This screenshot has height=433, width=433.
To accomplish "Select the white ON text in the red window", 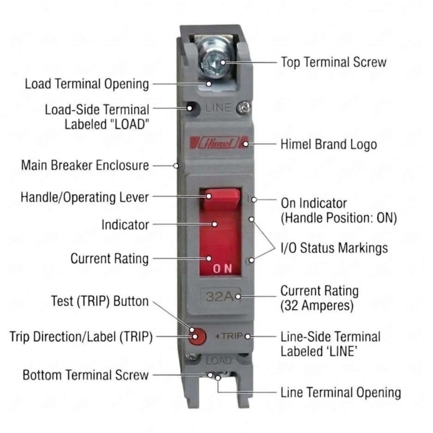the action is point(222,268).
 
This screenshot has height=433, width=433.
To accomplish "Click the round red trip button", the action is point(197,336).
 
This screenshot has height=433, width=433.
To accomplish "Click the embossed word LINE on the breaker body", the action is point(218,108).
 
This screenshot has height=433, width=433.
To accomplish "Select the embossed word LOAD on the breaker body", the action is point(218,361).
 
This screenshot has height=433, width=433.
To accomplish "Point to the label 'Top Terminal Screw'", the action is point(333,62).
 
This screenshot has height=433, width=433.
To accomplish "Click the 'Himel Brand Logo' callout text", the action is point(329,144).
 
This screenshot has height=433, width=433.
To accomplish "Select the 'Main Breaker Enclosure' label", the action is point(85,165).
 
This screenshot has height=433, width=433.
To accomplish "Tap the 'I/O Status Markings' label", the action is point(334,248).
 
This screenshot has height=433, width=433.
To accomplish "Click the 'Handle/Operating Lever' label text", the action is point(85,197).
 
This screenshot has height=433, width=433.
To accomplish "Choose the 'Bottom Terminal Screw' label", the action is point(86,375).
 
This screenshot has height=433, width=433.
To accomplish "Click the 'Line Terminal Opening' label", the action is point(341,393).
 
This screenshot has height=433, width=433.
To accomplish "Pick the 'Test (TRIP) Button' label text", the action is point(100,301).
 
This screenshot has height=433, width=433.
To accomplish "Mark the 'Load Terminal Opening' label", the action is point(87,84).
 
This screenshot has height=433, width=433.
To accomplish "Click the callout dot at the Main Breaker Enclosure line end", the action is point(176,166).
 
